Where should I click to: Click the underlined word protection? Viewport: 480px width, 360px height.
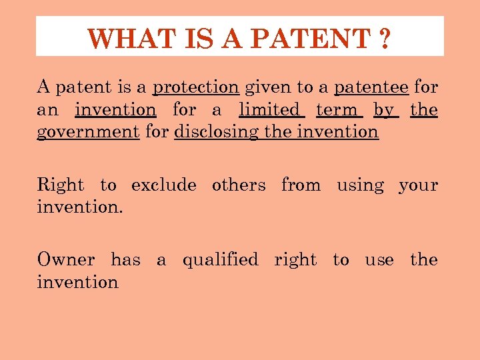[x=196, y=87]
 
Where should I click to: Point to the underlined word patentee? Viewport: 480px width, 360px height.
[x=371, y=87]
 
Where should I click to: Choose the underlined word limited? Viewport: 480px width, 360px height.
[x=269, y=109]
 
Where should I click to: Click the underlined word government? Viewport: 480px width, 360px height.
[x=88, y=132]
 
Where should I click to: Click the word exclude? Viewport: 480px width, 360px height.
[x=163, y=185]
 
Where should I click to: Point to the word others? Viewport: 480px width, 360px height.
[x=239, y=185]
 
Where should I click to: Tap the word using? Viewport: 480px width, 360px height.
[x=360, y=185]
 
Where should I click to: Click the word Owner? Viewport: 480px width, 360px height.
[x=66, y=259]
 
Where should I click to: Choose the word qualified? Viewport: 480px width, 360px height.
[x=220, y=259]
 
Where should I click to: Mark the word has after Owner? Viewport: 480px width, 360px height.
[x=125, y=259]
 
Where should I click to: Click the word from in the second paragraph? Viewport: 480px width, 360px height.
[x=301, y=185]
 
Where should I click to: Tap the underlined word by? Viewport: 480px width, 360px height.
[x=383, y=110]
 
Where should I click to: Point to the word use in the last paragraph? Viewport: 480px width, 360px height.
[x=379, y=260]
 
